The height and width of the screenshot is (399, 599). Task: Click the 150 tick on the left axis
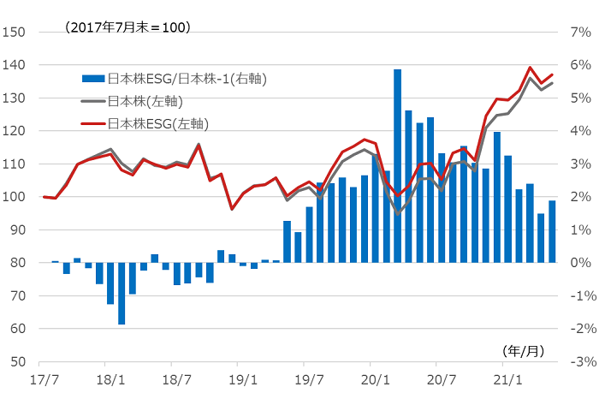pos(15,33)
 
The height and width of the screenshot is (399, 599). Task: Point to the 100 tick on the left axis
pos(15,197)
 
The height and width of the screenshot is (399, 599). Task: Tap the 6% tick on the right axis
pos(581,65)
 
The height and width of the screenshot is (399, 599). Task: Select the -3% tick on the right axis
pos(581,362)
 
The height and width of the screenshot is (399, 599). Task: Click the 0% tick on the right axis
pos(581,263)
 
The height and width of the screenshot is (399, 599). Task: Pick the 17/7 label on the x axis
pos(43,378)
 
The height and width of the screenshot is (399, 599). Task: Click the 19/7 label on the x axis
pos(309,378)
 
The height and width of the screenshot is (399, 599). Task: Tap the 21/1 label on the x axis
pos(507,378)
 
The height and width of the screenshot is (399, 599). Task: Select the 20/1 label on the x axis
pos(375,378)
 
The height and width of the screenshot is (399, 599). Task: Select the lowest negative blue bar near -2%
pos(122,293)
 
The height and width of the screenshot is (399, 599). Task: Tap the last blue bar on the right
pos(552,231)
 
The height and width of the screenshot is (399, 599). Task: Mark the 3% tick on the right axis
pos(581,164)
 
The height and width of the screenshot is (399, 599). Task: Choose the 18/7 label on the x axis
pos(175,378)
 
